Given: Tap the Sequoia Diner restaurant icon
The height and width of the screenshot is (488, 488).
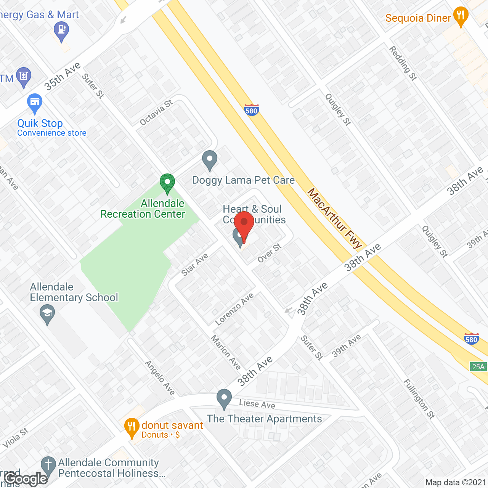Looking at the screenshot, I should coord(461,16).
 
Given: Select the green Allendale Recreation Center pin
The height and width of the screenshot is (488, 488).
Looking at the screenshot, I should coord(167,183).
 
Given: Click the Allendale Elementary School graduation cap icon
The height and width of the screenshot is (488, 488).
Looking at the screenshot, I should coord(47,315).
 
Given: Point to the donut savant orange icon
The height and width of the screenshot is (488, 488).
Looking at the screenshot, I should coord(132,427).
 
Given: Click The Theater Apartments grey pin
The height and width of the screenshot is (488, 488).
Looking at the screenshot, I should coord(224,398).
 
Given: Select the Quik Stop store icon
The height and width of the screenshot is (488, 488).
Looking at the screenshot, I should coord(35,103).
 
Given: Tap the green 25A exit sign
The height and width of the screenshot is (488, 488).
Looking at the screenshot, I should coord(478,367).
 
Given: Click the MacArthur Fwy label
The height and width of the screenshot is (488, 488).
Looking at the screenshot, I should coord(334,218).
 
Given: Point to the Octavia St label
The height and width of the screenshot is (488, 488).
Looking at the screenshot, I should coord(156,112).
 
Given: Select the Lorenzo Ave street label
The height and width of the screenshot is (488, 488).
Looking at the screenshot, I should coord(234,309).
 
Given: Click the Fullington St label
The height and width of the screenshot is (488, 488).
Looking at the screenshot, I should coord(419,399).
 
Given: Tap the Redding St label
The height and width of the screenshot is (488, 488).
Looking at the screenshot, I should coord(403,63).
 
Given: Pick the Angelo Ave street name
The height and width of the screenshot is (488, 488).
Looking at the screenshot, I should coord(160,378).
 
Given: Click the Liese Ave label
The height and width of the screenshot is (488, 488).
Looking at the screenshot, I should coord(257,404).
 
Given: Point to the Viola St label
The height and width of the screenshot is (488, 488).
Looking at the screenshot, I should coord(16,438).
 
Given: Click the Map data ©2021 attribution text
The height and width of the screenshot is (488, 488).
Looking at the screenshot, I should coord(456,482).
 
